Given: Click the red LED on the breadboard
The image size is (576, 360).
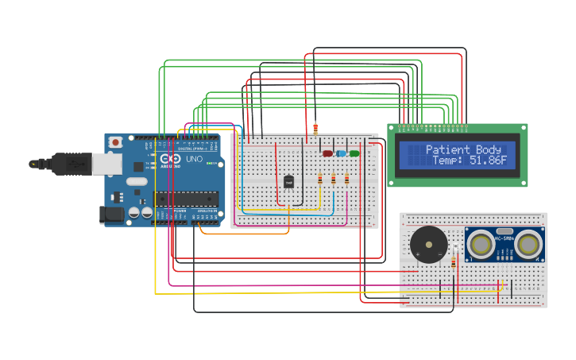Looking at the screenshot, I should (x=327, y=153).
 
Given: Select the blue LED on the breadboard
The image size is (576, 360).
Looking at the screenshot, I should (x=341, y=153).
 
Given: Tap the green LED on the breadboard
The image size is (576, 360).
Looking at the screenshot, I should (x=354, y=153).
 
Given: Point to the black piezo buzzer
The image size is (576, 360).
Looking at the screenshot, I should (x=428, y=244).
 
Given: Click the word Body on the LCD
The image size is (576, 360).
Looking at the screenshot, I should (x=489, y=149).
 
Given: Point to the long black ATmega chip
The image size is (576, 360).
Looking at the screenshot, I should (x=186, y=199).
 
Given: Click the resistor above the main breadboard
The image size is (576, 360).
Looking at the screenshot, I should (x=315, y=128).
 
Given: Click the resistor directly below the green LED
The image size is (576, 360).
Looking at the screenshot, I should (x=346, y=179).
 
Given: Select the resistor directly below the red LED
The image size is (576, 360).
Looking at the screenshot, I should (x=320, y=179).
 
